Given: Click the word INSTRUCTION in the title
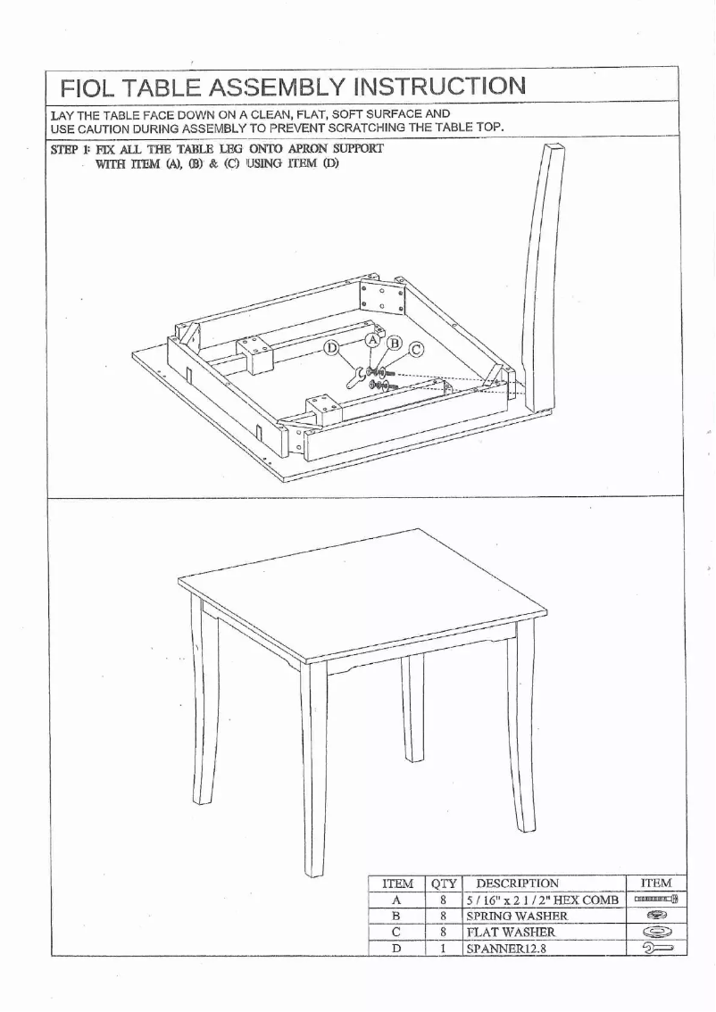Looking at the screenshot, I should click(439, 87).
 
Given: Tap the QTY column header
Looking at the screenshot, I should click(443, 883).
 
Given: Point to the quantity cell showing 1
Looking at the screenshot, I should click(443, 948).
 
